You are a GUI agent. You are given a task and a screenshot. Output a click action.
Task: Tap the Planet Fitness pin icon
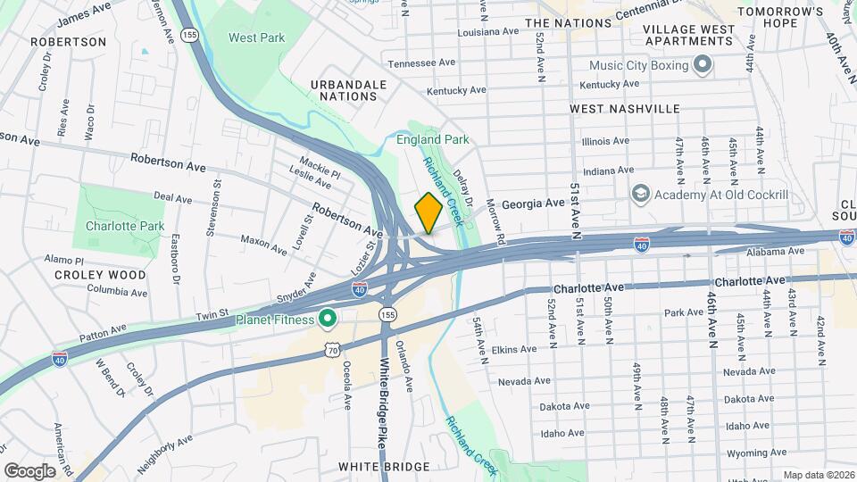(328, 319)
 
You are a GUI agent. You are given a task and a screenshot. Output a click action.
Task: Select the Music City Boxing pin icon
(702, 65)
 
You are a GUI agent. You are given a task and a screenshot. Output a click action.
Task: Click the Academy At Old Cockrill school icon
(640, 195)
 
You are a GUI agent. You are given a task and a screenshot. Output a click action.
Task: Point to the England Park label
(433, 140)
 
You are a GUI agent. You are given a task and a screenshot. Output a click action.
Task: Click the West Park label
(256, 37)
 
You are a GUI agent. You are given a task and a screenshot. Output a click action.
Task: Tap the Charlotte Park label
(122, 226)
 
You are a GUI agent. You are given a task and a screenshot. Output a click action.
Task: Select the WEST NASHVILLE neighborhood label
(625, 109)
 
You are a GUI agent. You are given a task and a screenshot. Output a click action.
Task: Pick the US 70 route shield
(331, 351)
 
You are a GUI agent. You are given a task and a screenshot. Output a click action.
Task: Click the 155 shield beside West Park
(188, 35)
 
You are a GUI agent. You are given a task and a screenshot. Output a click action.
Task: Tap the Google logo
(29, 470)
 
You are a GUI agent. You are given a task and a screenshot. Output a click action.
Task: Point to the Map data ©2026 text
(817, 475)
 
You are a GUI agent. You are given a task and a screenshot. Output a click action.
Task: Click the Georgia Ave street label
(533, 204)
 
